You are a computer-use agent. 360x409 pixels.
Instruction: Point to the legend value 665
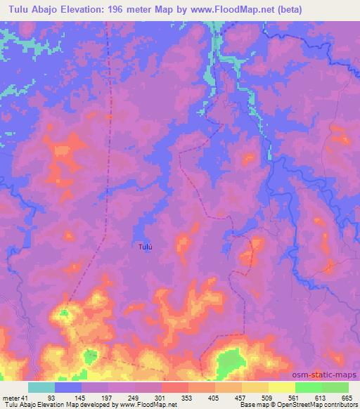tap(345, 398)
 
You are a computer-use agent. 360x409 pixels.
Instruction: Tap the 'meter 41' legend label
tap(15, 398)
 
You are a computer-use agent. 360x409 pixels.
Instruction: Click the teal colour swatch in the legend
tap(41, 388)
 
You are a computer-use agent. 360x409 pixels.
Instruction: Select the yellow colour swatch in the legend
tap(282, 388)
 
